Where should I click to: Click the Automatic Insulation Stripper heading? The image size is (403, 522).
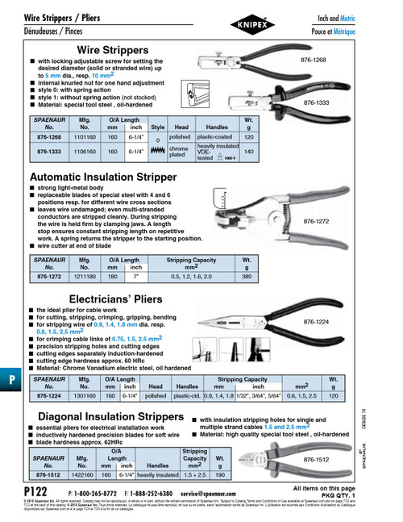[x=102, y=177]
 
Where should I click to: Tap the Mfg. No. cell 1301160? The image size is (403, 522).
[x=83, y=397]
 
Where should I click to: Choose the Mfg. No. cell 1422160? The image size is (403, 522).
[x=82, y=476]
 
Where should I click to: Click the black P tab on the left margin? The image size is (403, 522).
[x=6, y=380]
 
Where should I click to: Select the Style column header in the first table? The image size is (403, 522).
[x=158, y=127]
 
